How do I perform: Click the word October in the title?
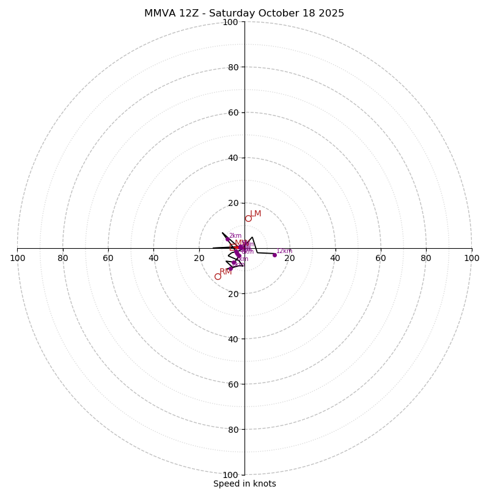tap(273, 13)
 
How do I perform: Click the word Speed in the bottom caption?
tap(226, 483)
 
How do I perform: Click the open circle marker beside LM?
tap(248, 219)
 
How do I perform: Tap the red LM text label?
tap(256, 214)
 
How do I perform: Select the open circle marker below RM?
tap(218, 276)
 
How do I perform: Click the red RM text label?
tap(226, 271)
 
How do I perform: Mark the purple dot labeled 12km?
tap(274, 255)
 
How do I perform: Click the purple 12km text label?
tap(284, 251)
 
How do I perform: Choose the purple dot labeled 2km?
tap(227, 239)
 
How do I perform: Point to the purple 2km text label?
tap(235, 236)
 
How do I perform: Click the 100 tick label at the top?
tap(230, 22)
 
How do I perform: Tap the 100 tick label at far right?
tap(471, 258)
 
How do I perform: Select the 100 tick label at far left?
tap(17, 258)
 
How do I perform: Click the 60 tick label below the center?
tap(232, 384)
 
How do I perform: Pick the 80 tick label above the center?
tap(232, 67)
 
